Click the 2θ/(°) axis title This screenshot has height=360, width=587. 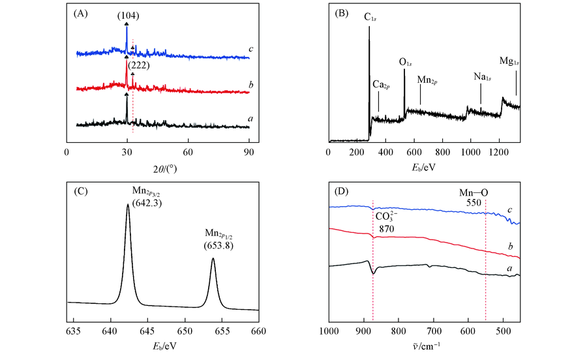[158, 168]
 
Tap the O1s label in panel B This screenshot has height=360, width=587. [406, 63]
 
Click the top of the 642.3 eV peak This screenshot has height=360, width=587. [128, 204]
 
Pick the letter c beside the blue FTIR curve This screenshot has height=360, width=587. [509, 210]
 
